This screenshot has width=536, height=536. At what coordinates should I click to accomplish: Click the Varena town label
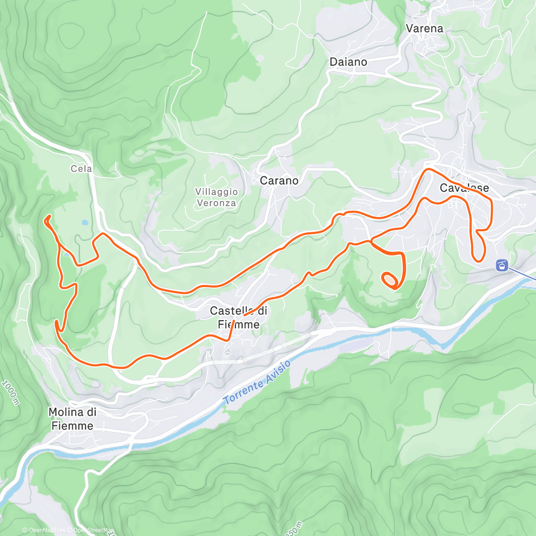point(424,29)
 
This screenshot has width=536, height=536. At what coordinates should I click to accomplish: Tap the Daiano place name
point(348,62)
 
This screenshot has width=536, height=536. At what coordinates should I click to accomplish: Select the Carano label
point(279,181)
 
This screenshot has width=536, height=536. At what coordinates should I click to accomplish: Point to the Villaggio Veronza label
point(217,197)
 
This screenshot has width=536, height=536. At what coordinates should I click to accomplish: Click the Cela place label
point(81,169)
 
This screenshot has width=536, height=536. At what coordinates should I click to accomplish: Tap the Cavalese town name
point(464,188)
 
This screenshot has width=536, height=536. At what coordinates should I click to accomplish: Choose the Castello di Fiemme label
point(239,318)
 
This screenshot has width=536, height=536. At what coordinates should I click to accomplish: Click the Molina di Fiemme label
point(72,419)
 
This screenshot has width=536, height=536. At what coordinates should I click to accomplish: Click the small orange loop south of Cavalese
point(389,280)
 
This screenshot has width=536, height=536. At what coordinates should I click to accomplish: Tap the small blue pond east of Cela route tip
point(84,222)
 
